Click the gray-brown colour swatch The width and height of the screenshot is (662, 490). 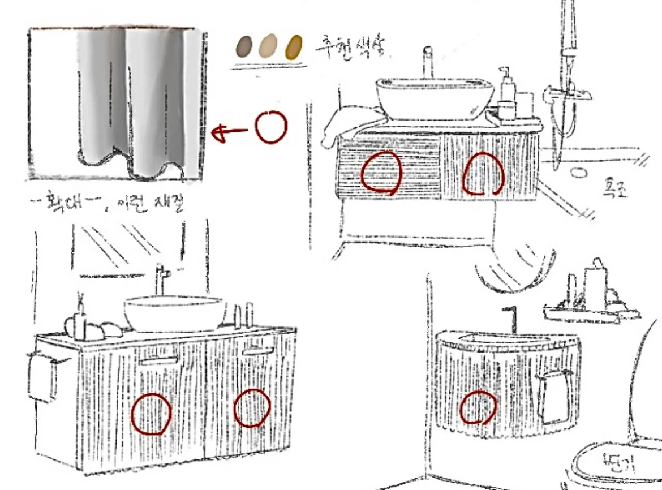click(x=244, y=46)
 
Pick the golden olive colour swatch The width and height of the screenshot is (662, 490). click(x=293, y=47)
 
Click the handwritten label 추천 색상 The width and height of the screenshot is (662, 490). click(x=351, y=46)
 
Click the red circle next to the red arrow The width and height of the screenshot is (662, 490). click(x=271, y=127)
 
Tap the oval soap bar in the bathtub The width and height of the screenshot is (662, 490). click(x=578, y=172)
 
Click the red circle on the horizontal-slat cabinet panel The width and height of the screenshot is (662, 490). click(x=381, y=172)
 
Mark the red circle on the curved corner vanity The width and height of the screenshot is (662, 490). click(x=478, y=407)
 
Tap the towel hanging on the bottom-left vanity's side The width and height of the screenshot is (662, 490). click(x=42, y=376)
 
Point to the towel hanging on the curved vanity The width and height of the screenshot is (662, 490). click(x=551, y=399)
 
